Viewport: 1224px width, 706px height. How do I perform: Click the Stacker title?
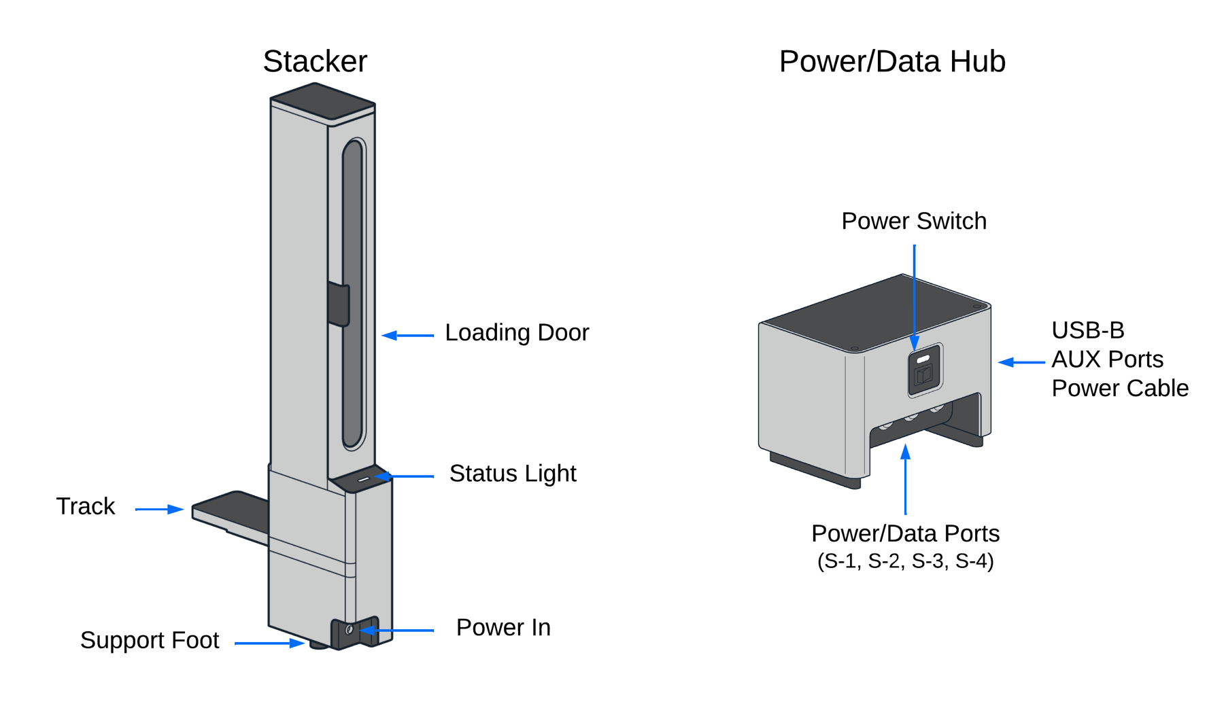[x=315, y=61]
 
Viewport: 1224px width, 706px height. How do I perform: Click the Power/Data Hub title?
[x=891, y=61]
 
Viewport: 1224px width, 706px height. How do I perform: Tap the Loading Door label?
[x=516, y=332]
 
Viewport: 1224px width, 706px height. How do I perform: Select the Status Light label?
[x=512, y=473]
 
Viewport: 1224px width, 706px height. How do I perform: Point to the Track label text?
[x=85, y=506]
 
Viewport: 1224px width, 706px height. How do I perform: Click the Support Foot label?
[x=150, y=640]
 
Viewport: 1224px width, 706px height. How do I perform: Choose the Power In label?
[x=503, y=627]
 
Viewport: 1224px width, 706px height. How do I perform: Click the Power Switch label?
[x=913, y=221]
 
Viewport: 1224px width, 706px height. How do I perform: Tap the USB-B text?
[x=1087, y=330]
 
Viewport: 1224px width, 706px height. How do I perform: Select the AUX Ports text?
[x=1107, y=359]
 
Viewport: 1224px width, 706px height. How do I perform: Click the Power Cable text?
[x=1119, y=388]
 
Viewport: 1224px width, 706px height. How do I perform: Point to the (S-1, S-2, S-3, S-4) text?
[x=905, y=561]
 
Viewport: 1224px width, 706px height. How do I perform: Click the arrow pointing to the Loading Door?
[x=408, y=335]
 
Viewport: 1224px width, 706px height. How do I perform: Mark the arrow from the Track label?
[x=159, y=509]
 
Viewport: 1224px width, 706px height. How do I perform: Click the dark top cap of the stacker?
[x=322, y=101]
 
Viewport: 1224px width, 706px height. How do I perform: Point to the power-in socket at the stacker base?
[x=350, y=630]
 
